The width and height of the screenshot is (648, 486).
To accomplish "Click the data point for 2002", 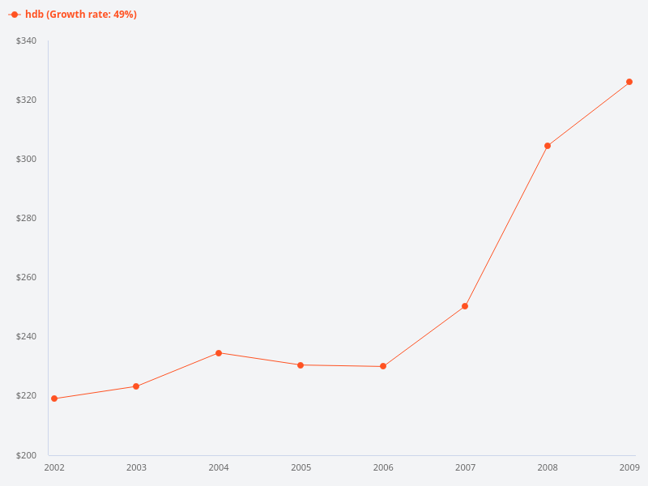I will pyautogui.click(x=54, y=399).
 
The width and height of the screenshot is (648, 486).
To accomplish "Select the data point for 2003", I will pyautogui.click(x=136, y=386).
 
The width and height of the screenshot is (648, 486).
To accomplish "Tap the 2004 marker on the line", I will pyautogui.click(x=219, y=353).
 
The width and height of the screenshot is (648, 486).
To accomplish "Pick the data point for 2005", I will pyautogui.click(x=301, y=365).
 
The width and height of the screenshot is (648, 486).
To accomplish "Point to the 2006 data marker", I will pyautogui.click(x=383, y=366).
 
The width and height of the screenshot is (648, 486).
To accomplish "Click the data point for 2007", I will pyautogui.click(x=465, y=306).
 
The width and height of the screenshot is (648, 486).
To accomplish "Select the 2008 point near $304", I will pyautogui.click(x=548, y=146).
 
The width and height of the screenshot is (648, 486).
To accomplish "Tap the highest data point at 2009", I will pyautogui.click(x=629, y=82).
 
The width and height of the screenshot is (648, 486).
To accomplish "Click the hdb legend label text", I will pyautogui.click(x=80, y=15).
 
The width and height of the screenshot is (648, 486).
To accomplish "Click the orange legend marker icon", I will pyautogui.click(x=15, y=15).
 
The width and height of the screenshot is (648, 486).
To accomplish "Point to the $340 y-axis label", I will pyautogui.click(x=26, y=40).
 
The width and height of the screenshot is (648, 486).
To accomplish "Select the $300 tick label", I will pyautogui.click(x=26, y=159).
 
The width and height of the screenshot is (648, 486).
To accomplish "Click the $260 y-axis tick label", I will pyautogui.click(x=26, y=277).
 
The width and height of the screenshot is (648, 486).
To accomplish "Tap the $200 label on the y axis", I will pyautogui.click(x=26, y=455).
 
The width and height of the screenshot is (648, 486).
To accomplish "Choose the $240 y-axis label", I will pyautogui.click(x=26, y=336).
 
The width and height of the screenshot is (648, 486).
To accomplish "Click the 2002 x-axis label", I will pyautogui.click(x=54, y=467).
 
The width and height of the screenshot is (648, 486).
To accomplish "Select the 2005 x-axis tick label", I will pyautogui.click(x=301, y=467).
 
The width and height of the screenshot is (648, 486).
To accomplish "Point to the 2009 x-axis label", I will pyautogui.click(x=629, y=467).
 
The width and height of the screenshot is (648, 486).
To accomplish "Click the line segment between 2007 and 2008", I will pyautogui.click(x=506, y=226).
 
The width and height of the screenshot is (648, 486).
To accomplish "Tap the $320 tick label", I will pyautogui.click(x=26, y=100).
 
